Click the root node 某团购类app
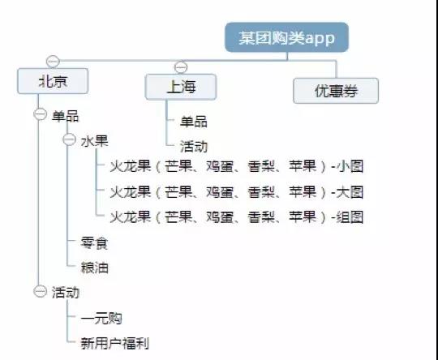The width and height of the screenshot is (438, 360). (x=287, y=37)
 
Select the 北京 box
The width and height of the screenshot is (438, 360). (x=53, y=81)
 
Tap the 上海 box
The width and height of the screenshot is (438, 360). (x=181, y=87)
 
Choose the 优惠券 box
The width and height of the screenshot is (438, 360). (x=336, y=91)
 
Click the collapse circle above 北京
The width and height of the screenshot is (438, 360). (x=53, y=61)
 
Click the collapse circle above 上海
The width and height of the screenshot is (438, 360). (x=181, y=67)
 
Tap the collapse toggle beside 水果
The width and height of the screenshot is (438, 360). (x=69, y=139)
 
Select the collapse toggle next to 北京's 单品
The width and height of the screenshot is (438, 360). (x=40, y=114)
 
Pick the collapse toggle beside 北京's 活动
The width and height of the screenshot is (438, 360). (x=40, y=291)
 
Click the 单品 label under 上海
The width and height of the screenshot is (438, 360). (x=194, y=122)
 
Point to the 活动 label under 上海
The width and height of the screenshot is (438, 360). (x=194, y=146)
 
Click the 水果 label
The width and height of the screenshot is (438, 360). (x=94, y=141)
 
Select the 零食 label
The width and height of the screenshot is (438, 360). (x=94, y=243)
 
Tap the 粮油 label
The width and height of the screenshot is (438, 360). (x=94, y=268)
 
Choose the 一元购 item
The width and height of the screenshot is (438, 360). (x=101, y=318)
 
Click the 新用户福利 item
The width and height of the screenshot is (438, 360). (x=115, y=343)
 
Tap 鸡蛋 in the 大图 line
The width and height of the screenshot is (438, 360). (x=220, y=192)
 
